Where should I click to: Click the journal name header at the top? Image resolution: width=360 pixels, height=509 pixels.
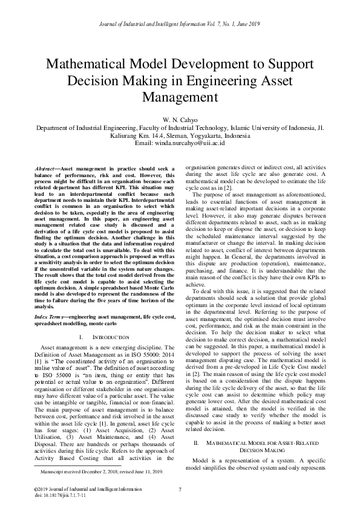pyautogui.click(x=180, y=24)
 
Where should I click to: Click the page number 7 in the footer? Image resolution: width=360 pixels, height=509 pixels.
pyautogui.click(x=180, y=488)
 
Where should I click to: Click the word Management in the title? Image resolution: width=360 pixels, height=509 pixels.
pyautogui.click(x=180, y=96)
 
